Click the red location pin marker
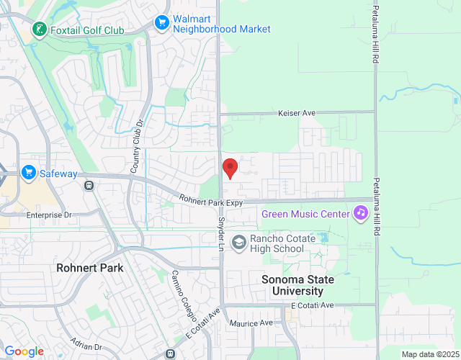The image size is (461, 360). pos(230,168)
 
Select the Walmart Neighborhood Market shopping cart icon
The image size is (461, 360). pos(163,23)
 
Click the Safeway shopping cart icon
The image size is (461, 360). pos(29,172)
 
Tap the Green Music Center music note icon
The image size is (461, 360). pos(361,213)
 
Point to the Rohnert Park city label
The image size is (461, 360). pos(90,268)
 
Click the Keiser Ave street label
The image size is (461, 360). pos(298,113)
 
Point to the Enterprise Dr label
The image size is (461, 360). pos(50,215)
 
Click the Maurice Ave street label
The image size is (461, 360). pos(251,323)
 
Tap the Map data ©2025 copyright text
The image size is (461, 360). pos(429,354)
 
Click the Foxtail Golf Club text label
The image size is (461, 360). pos(87,30)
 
